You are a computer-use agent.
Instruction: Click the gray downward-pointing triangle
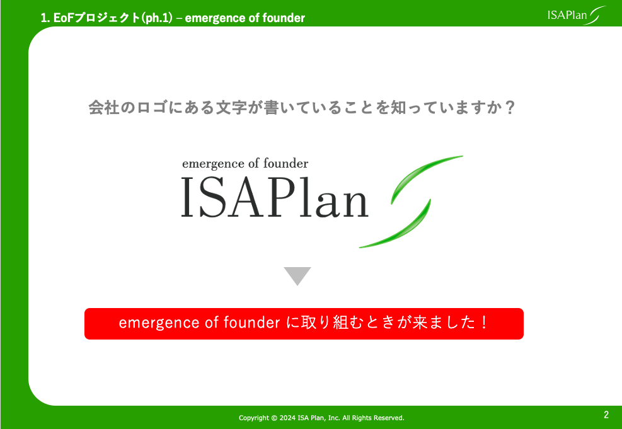[297, 275]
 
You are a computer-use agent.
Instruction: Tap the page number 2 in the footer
[606, 415]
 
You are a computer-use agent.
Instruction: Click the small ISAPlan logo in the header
[577, 16]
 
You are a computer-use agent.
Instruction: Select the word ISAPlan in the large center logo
[275, 197]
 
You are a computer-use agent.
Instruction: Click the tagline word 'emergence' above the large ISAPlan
[213, 164]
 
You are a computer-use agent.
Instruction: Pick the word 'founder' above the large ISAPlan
[285, 163]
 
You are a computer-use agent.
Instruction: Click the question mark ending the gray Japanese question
[510, 108]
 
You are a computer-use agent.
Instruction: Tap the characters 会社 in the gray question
[104, 108]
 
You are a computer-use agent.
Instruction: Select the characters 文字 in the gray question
[231, 108]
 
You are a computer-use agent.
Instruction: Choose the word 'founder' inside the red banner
[252, 323]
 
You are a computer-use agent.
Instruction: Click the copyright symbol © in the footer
[274, 418]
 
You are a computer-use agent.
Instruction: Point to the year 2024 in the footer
[287, 418]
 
